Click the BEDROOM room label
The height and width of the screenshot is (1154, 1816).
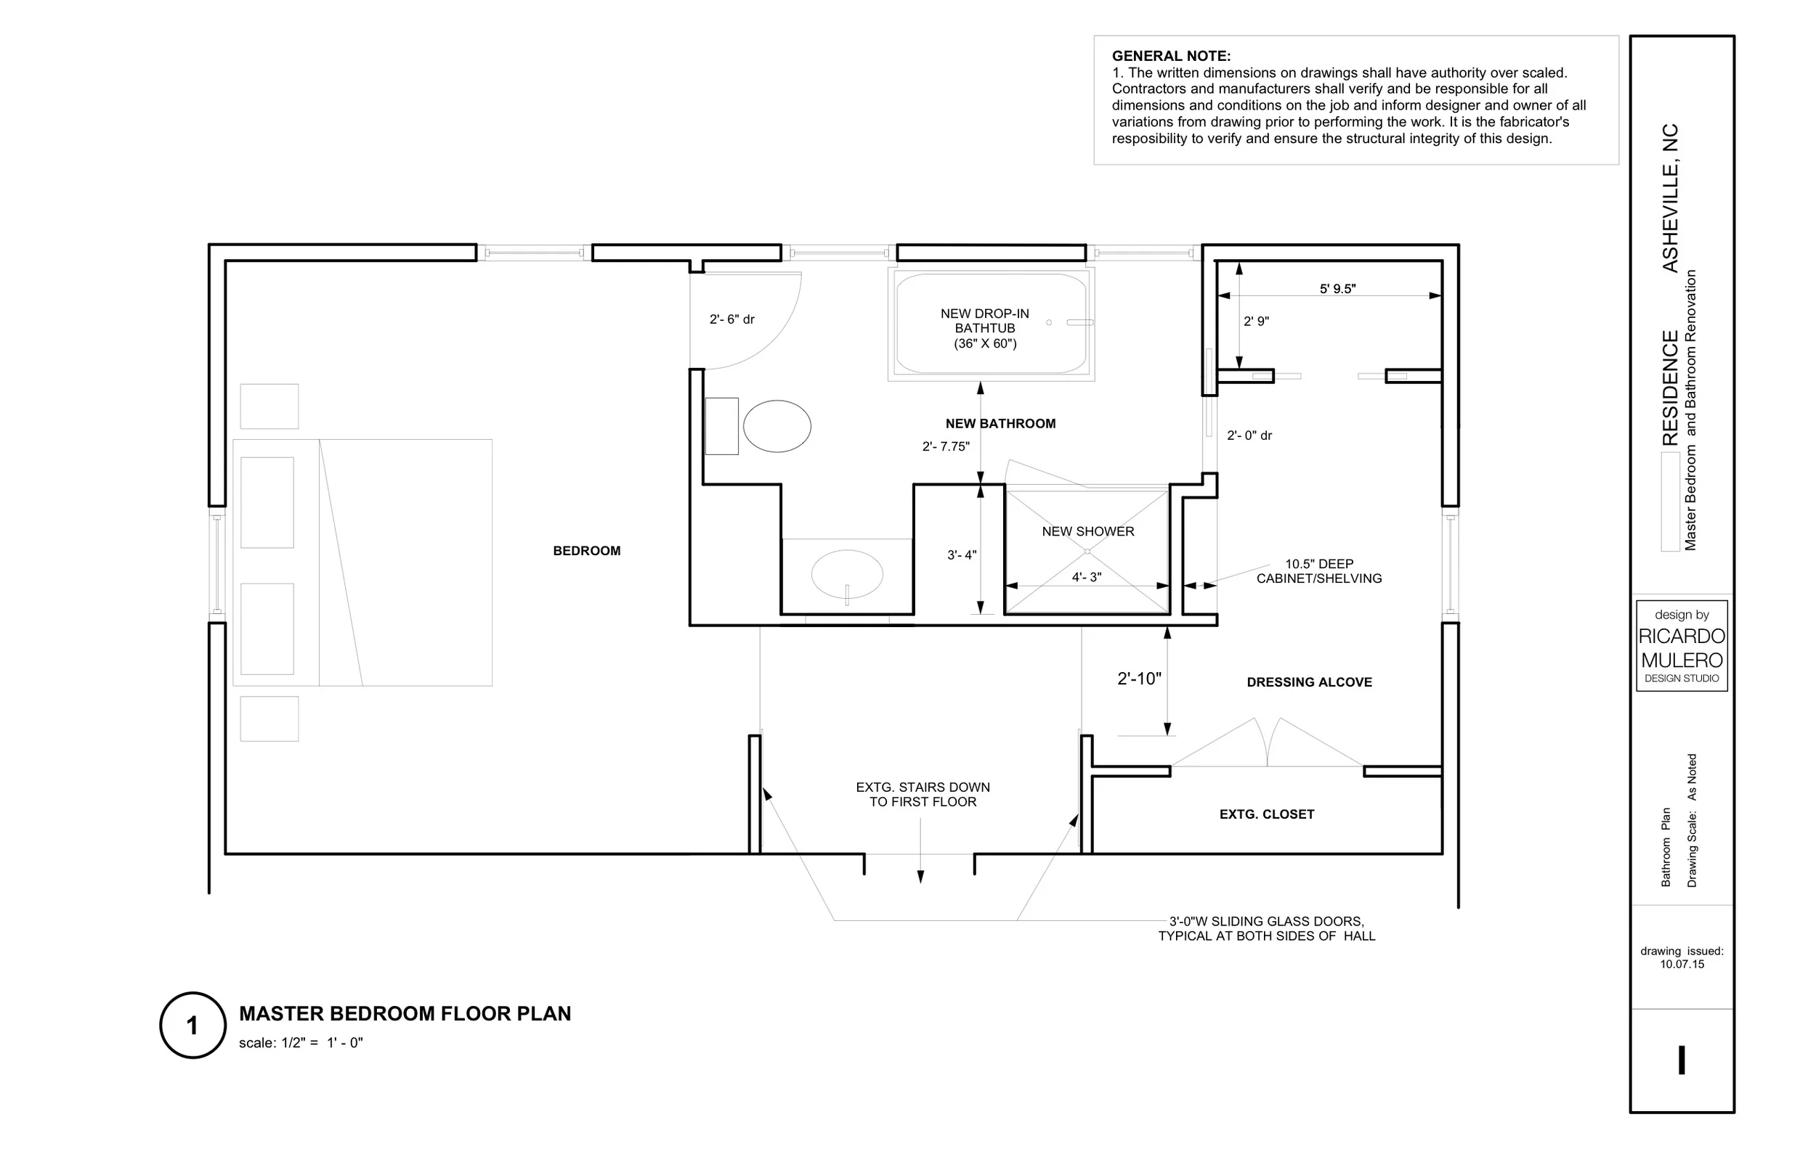point(586,551)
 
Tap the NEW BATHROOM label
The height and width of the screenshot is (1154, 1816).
point(1000,424)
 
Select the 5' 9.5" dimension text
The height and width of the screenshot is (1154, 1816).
point(1337,289)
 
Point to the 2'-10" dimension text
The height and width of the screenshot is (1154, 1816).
point(1139,679)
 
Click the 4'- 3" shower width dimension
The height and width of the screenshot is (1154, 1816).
point(1086,578)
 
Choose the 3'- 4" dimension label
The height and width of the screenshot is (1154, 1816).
point(962,555)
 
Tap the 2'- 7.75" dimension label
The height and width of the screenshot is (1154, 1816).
point(946,446)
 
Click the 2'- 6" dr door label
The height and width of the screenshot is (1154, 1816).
point(731,319)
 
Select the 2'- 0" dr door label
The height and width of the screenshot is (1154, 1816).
point(1249,435)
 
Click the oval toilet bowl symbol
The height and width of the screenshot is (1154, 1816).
point(777,427)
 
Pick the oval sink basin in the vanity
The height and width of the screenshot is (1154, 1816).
point(846,573)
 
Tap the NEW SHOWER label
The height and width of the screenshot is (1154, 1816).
point(1087,531)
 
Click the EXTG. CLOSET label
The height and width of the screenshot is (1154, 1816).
point(1266,814)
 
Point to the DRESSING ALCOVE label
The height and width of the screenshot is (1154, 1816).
point(1308,682)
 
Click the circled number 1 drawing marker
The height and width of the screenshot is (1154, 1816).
point(193,1025)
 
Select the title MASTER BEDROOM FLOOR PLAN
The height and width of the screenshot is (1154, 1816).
point(405,1014)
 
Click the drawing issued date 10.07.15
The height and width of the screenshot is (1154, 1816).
point(1681,964)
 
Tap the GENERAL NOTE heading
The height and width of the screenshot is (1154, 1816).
point(1170,56)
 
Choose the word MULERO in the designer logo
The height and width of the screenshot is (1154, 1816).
point(1681,660)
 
